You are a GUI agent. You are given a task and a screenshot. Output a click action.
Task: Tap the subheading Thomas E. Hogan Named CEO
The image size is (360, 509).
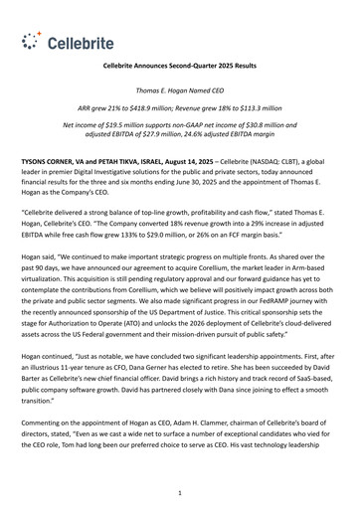180,90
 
